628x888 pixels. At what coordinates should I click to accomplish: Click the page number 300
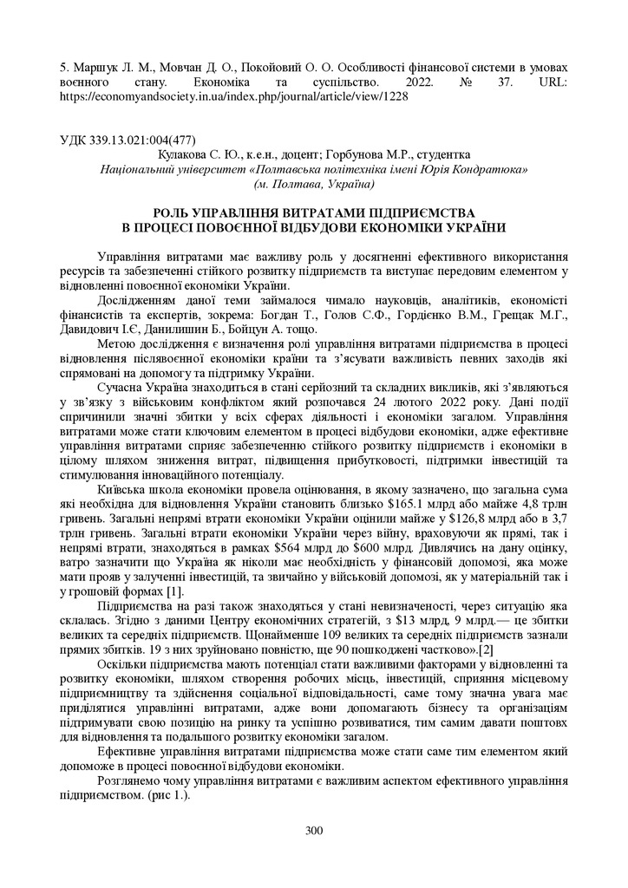coord(314,831)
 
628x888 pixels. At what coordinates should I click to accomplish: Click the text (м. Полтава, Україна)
coord(314,183)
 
